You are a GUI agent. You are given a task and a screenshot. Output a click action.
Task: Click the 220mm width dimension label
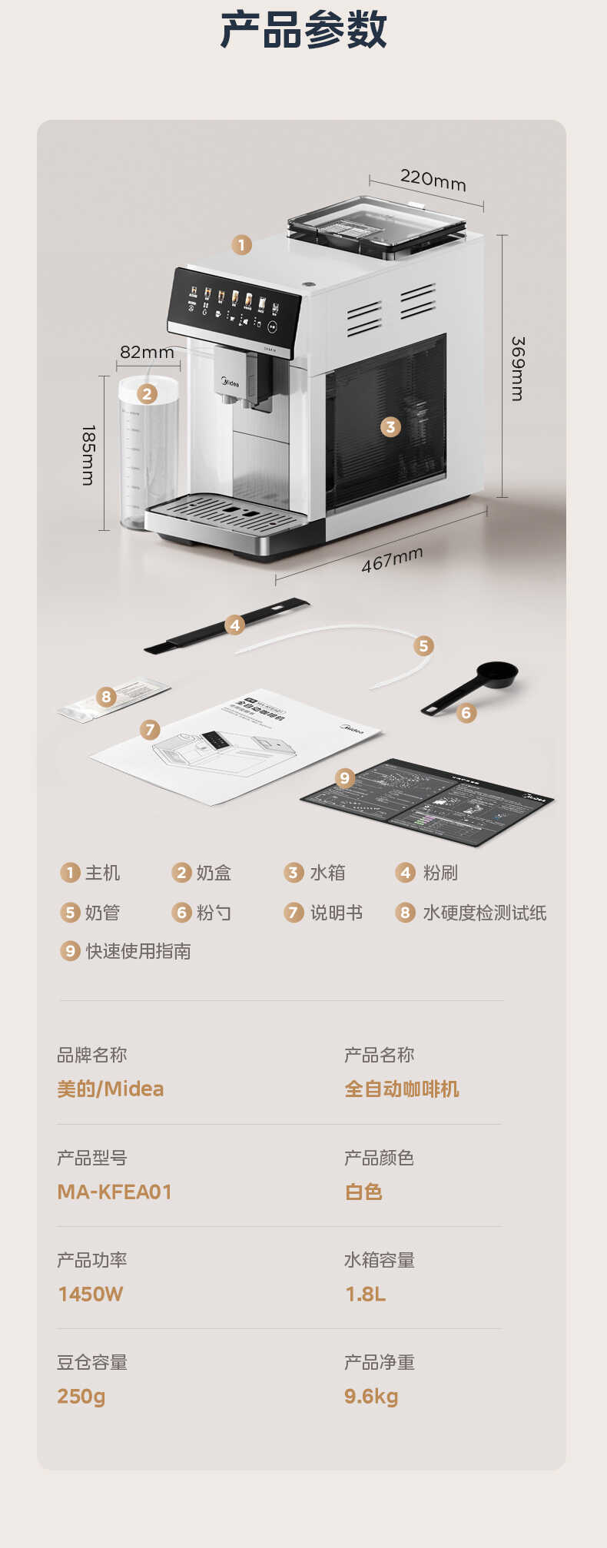pyautogui.click(x=433, y=180)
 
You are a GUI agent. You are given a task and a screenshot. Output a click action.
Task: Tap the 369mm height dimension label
pyautogui.click(x=518, y=368)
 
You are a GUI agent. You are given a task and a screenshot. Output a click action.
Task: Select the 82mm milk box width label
pyautogui.click(x=147, y=352)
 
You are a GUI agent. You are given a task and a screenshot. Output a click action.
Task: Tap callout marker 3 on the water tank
pyautogui.click(x=390, y=426)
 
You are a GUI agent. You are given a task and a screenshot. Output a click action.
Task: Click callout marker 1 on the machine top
pyautogui.click(x=241, y=245)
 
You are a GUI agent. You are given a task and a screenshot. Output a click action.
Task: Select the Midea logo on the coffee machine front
pyautogui.click(x=230, y=382)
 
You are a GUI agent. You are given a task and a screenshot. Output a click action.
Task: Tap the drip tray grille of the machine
pyautogui.click(x=231, y=512)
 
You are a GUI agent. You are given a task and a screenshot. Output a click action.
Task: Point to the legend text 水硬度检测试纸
pyautogui.click(x=484, y=913)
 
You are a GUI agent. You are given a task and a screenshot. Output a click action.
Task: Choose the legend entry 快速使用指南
pyautogui.click(x=138, y=951)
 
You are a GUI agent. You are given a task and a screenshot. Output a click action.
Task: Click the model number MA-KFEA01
pyautogui.click(x=114, y=1192)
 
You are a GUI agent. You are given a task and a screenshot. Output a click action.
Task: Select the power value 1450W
pyautogui.click(x=91, y=1294)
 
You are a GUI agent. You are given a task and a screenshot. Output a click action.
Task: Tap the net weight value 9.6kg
pyautogui.click(x=371, y=1396)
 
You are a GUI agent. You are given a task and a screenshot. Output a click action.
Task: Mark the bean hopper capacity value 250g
pyautogui.click(x=81, y=1396)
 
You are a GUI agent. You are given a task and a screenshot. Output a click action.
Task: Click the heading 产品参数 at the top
pyautogui.click(x=303, y=31)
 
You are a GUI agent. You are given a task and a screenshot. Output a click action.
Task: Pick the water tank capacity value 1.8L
pyautogui.click(x=366, y=1294)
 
